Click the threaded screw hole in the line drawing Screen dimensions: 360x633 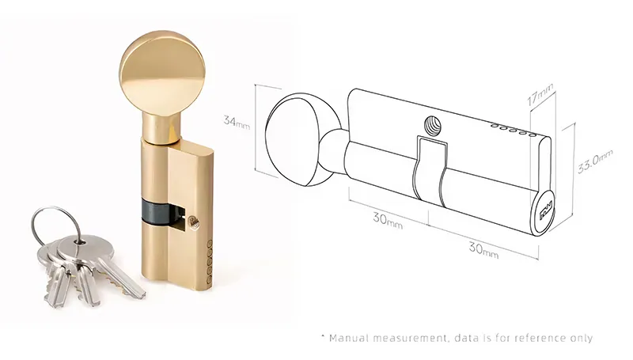pyautogui.click(x=432, y=126)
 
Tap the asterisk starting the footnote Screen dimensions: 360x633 pyautogui.click(x=323, y=337)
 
